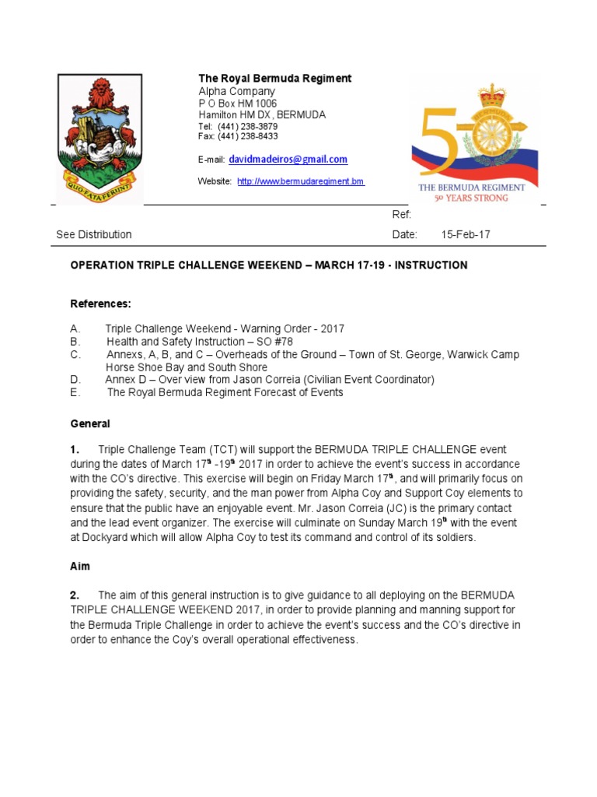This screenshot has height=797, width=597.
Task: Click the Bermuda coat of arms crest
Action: tap(99, 139)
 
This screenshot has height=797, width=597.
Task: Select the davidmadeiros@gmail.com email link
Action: tap(288, 160)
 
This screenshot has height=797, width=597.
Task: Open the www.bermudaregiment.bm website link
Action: tap(300, 181)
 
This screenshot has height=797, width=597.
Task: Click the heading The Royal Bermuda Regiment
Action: tap(274, 79)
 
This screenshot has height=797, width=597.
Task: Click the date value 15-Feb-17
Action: tap(466, 234)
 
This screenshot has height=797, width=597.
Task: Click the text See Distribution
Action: tap(94, 234)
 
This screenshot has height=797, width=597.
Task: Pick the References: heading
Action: tap(101, 303)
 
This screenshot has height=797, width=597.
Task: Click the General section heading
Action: tap(90, 424)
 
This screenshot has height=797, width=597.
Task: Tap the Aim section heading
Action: tap(80, 567)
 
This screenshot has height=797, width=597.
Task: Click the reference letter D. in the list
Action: tap(75, 380)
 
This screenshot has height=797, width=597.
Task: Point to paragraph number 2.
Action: tap(75, 595)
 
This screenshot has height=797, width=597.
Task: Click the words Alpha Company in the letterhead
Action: tap(236, 91)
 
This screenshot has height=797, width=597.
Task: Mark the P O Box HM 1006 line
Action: tap(237, 103)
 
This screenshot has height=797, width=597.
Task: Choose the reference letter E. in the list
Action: tap(75, 392)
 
